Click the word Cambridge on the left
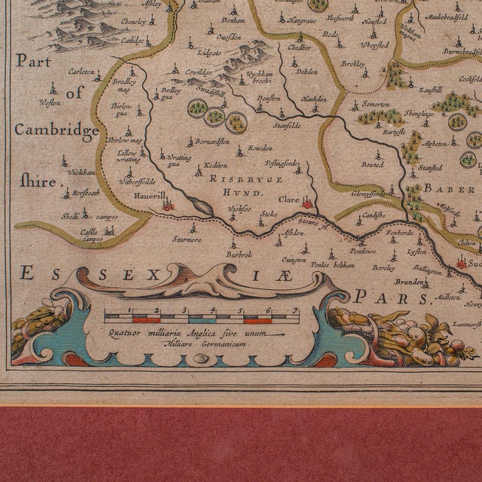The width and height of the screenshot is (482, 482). click(56, 130)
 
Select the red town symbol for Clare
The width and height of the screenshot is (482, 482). click(307, 203)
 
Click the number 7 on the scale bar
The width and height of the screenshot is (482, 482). click(296, 310)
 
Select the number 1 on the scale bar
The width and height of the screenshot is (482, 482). click(131, 310)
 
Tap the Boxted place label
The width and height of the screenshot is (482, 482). click(372, 163)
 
